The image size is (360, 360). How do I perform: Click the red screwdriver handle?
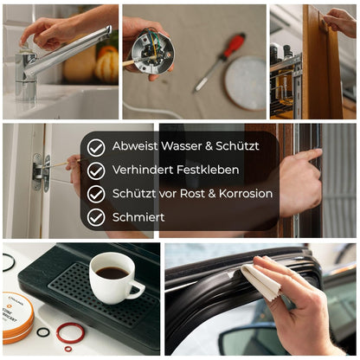pyautogui.click(x=234, y=46)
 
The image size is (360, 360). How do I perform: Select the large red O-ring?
pyautogui.click(x=70, y=332)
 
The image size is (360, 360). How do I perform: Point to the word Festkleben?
pyautogui.click(x=208, y=170)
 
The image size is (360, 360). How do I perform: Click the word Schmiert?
pyautogui.click(x=138, y=217)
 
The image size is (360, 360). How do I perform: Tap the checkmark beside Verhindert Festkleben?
pyautogui.click(x=96, y=170)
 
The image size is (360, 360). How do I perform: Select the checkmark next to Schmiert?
pyautogui.click(x=96, y=217)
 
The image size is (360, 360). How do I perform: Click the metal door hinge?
pyautogui.click(x=41, y=172)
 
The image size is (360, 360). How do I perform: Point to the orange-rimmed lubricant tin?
pyautogui.click(x=16, y=318)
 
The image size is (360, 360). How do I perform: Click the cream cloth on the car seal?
pyautogui.click(x=261, y=278)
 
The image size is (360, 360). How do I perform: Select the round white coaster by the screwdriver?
pyautogui.click(x=246, y=83)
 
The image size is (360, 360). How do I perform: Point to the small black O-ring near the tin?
pyautogui.click(x=43, y=332)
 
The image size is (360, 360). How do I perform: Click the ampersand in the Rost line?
pyautogui.click(x=212, y=194)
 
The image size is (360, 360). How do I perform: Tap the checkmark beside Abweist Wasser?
pyautogui.click(x=96, y=147)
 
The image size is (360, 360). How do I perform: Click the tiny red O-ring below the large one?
pyautogui.click(x=68, y=349)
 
